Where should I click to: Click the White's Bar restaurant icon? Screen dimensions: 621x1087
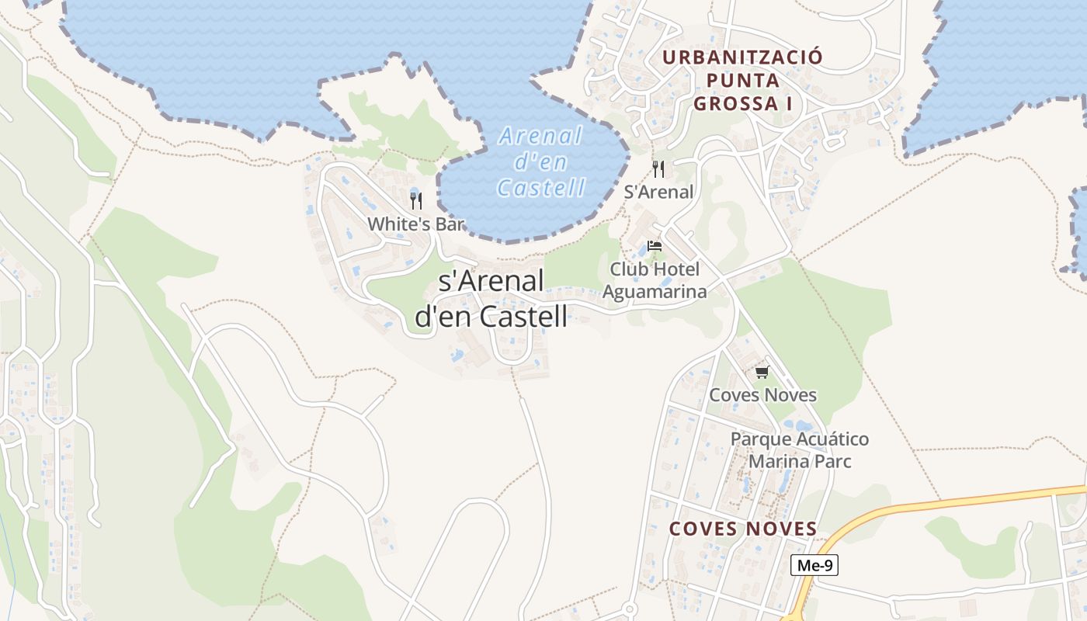[x=416, y=201]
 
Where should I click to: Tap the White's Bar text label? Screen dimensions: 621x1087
[x=415, y=224]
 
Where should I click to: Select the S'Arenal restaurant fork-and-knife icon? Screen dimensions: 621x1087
[x=658, y=169]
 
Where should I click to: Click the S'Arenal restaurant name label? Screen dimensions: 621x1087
[x=658, y=192]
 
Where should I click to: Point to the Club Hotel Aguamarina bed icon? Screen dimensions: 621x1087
[x=655, y=247]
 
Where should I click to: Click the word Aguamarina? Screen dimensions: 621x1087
[x=655, y=292]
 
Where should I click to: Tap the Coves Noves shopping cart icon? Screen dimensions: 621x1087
[x=762, y=373]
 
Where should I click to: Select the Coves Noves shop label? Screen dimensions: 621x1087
[x=762, y=395]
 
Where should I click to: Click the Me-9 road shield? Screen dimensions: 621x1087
[x=814, y=565]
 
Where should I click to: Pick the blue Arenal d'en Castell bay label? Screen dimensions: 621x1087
[x=541, y=161]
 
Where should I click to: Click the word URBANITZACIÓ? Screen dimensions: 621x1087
[x=742, y=57]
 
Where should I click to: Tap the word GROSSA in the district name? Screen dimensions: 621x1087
[x=736, y=103]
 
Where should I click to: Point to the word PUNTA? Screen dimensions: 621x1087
[x=743, y=80]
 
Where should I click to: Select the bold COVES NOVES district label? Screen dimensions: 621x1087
[x=743, y=529]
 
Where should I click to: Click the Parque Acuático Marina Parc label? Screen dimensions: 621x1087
[x=800, y=450]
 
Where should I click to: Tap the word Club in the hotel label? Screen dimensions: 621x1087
[x=626, y=269]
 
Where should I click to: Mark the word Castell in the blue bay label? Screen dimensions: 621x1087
[x=541, y=188]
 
